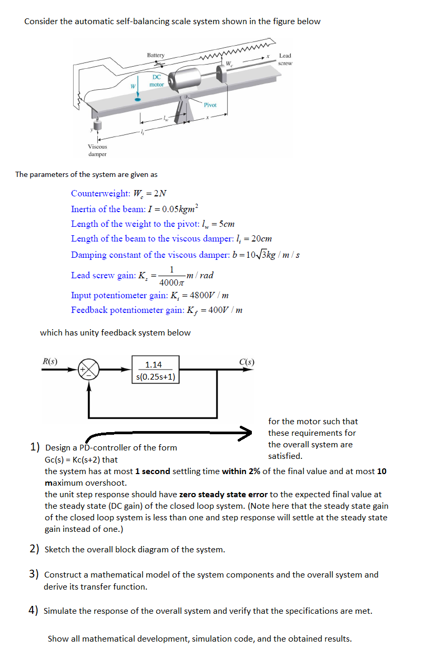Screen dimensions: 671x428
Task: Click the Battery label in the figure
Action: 156,55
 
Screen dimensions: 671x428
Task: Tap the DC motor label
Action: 157,80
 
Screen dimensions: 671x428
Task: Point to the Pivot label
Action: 210,105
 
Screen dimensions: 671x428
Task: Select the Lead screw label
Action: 285,59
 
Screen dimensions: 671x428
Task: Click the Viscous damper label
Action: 97,150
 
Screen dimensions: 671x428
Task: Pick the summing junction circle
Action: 88,370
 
